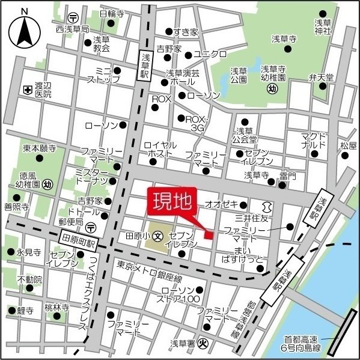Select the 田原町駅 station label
79,240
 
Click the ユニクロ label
210,53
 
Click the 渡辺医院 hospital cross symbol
27,90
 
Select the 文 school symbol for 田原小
157,235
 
